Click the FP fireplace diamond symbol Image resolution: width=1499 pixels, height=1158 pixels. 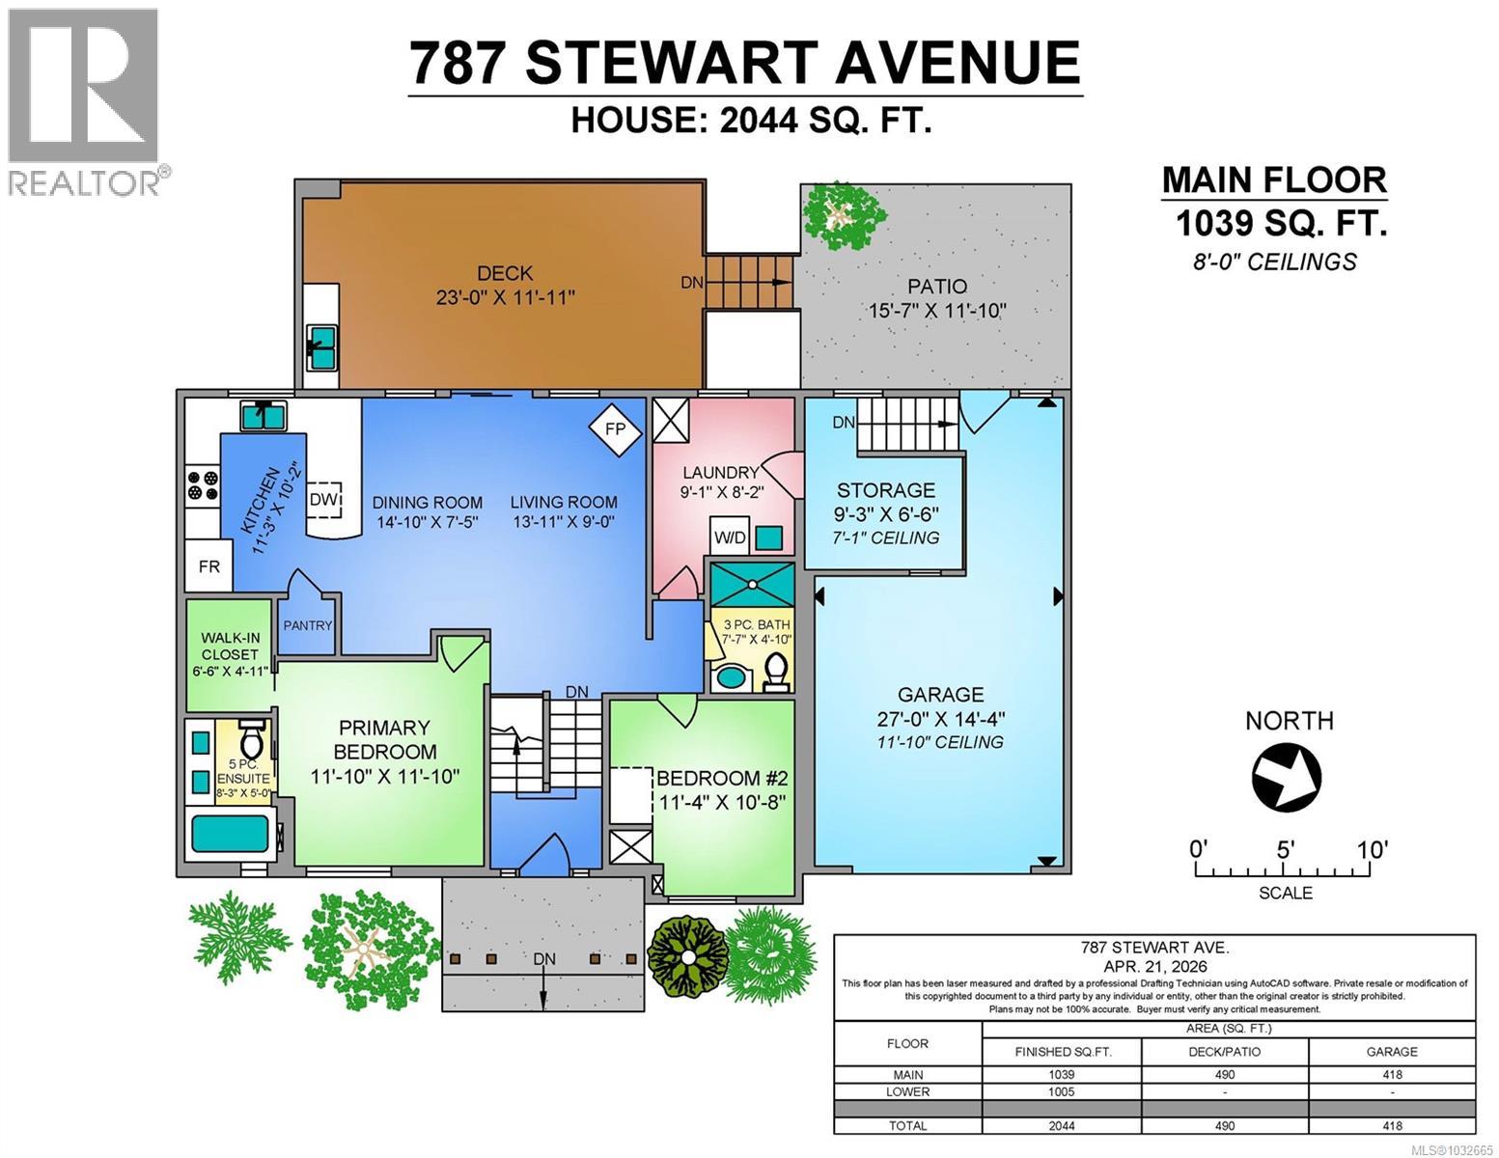(x=615, y=428)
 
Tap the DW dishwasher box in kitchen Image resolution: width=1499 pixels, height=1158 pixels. (x=324, y=500)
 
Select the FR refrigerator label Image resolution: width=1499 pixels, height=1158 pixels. (x=209, y=566)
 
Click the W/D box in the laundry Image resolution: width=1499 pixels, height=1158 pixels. (x=730, y=537)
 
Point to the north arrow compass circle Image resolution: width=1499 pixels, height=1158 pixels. (x=1287, y=777)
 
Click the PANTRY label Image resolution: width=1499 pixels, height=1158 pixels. (x=308, y=625)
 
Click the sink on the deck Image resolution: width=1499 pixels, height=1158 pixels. (x=321, y=345)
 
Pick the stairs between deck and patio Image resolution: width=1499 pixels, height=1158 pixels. (x=749, y=282)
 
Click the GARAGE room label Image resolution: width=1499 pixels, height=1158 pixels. (x=940, y=694)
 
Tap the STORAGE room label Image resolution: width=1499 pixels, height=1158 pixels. (x=885, y=490)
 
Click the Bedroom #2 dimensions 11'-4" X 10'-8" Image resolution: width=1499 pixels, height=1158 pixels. (x=722, y=802)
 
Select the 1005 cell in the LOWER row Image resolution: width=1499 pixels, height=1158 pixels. (x=1061, y=1091)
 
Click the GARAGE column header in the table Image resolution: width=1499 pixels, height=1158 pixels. (x=1391, y=1051)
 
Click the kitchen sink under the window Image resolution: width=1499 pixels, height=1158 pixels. (x=264, y=417)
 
